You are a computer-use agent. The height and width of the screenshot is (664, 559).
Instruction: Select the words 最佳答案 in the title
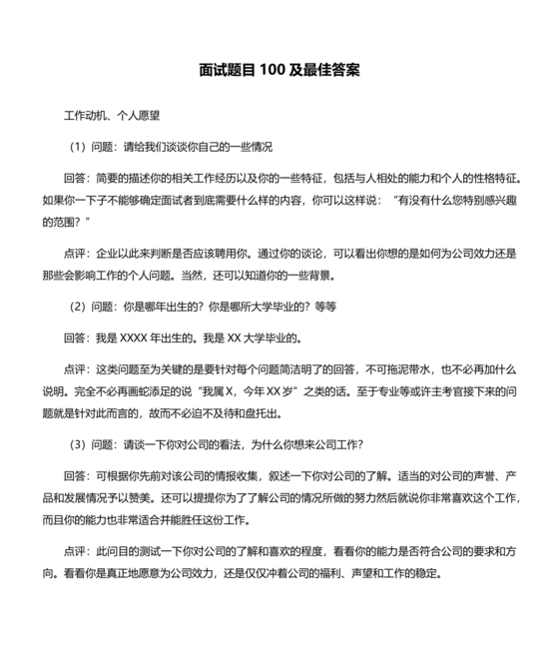pos(333,72)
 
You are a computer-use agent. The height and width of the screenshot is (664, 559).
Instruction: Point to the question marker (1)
pos(78,146)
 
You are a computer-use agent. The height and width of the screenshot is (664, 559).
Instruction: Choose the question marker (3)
pos(78,444)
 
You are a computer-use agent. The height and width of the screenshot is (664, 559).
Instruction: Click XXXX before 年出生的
pos(135,336)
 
